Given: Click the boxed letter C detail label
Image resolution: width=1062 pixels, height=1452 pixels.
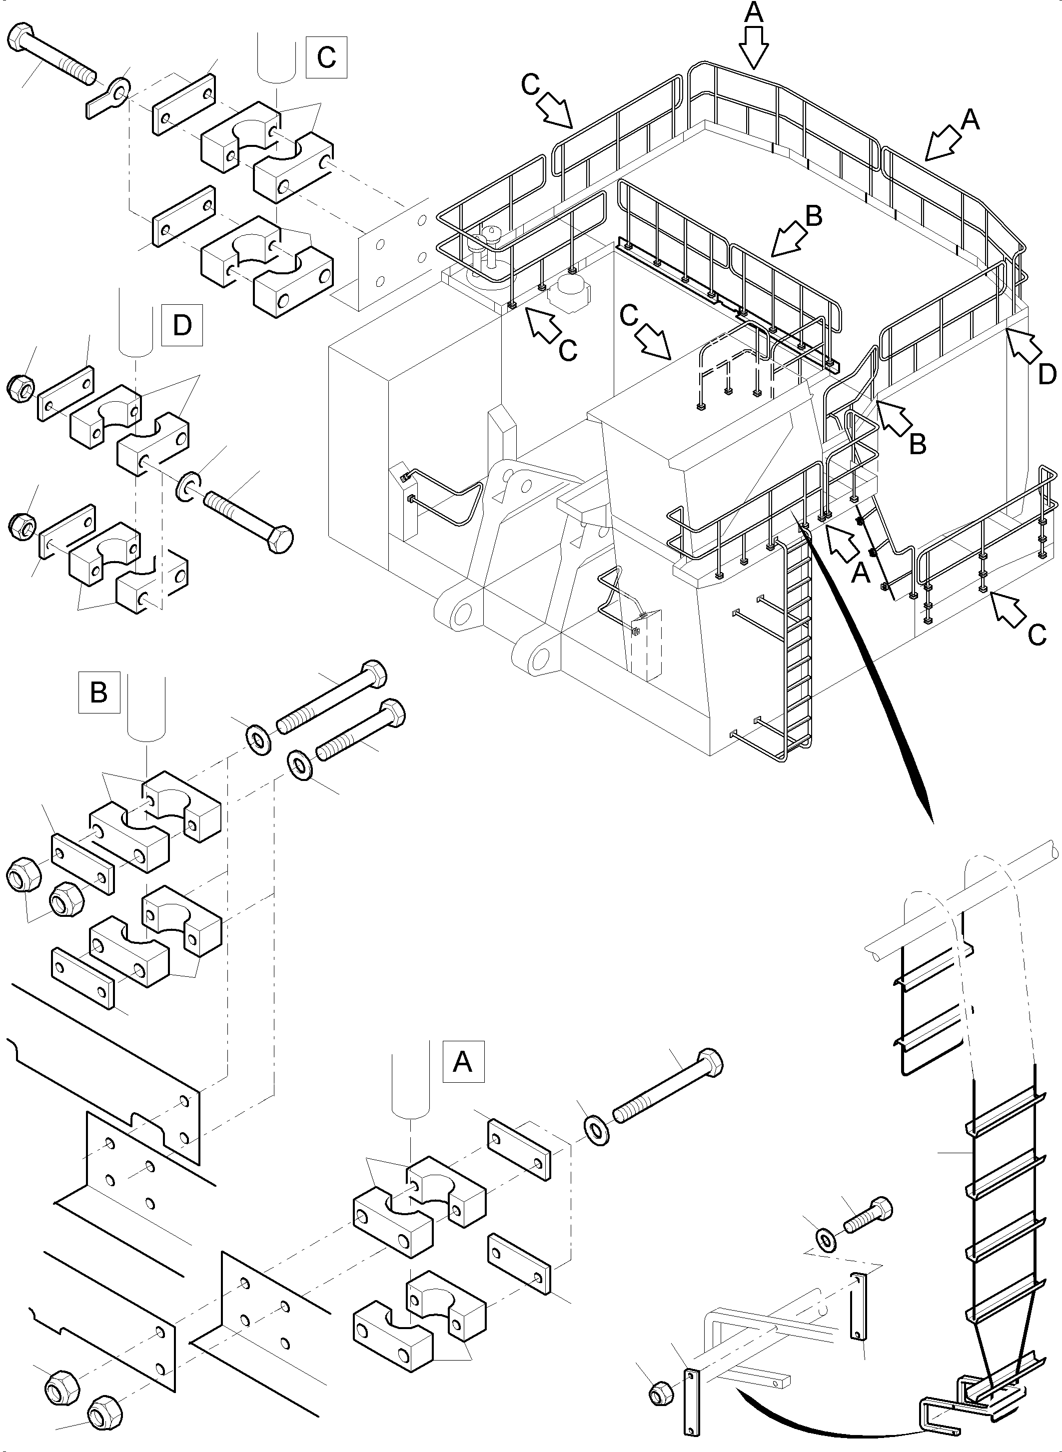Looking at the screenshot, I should pyautogui.click(x=326, y=58).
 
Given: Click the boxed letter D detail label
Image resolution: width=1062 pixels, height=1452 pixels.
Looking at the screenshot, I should pyautogui.click(x=182, y=325).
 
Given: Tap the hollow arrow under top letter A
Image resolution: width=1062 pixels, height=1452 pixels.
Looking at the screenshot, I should pyautogui.click(x=753, y=47).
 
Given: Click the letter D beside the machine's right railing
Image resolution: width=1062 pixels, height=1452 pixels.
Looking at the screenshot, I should pyautogui.click(x=1047, y=375).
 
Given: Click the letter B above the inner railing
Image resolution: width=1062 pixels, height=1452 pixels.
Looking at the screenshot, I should pyautogui.click(x=813, y=217).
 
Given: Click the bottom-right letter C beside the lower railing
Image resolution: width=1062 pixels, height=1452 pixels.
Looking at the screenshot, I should pyautogui.click(x=1037, y=636).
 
